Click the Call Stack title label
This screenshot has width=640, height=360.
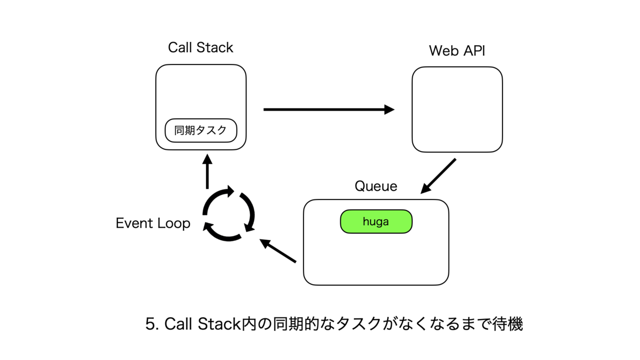[201, 47]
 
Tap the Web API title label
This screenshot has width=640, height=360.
[457, 51]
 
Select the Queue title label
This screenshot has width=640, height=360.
[375, 186]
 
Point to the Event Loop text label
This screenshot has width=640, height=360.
[153, 223]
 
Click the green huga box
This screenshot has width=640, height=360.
[376, 222]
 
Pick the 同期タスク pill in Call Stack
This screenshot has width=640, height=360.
[201, 131]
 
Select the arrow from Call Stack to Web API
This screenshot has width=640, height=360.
[329, 109]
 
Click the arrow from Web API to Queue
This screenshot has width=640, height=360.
[438, 176]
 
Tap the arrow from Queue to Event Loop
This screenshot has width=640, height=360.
[278, 251]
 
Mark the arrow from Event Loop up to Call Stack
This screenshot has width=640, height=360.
[207, 171]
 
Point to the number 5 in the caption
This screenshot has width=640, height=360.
[150, 324]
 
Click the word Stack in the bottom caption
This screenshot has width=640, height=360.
[219, 324]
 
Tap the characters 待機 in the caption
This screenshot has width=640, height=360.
[507, 324]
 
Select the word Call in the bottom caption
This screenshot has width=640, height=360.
[178, 324]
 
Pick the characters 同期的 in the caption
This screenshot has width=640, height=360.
[296, 324]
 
